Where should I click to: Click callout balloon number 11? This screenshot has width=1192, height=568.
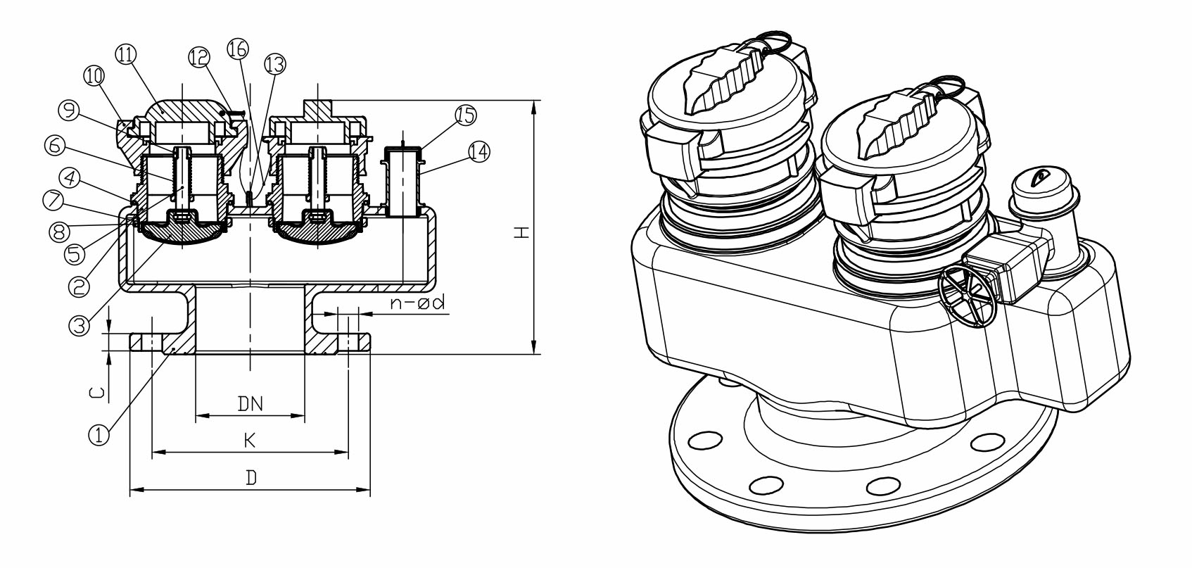(127, 55)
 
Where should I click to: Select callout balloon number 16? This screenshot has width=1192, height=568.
(238, 49)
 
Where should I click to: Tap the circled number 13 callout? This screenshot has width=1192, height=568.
(275, 65)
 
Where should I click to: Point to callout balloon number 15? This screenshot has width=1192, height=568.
(466, 116)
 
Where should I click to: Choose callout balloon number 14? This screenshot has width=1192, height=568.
(478, 151)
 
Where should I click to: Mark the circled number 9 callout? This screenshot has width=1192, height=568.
(68, 110)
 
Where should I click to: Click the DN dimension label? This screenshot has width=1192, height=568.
(250, 403)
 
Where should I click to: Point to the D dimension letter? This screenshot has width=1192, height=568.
(251, 478)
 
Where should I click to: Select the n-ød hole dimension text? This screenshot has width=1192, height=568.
(418, 303)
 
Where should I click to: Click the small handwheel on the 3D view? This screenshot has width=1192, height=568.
(968, 298)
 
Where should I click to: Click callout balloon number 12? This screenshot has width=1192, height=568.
(199, 58)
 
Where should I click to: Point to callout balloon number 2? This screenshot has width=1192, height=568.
(79, 285)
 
